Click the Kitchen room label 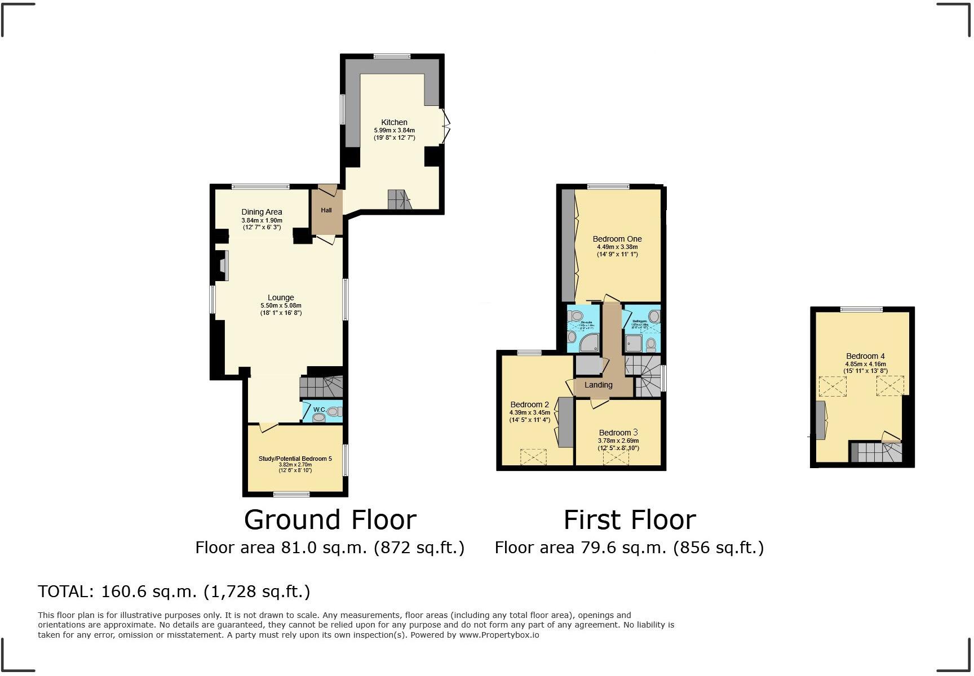tap(394, 122)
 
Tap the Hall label tap(326, 210)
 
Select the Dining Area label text tap(262, 212)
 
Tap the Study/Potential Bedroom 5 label tap(295, 459)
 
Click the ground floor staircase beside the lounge tap(321, 387)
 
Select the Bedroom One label tap(617, 239)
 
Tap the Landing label tap(598, 385)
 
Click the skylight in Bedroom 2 tap(533, 456)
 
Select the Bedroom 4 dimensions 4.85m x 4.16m tap(865, 364)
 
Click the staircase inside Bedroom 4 tap(877, 452)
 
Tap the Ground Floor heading tap(330, 519)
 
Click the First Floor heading tap(630, 519)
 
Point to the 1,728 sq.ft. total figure tap(257, 591)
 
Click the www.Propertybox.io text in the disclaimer tap(499, 635)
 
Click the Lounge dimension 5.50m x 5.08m tap(281, 305)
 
